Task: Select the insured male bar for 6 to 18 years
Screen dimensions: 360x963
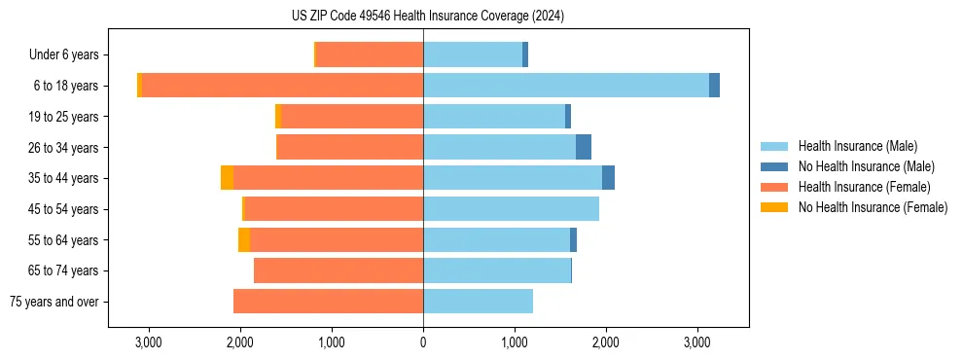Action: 566,86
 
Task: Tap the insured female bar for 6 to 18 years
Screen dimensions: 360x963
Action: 282,86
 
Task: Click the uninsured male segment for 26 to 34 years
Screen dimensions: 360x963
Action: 584,147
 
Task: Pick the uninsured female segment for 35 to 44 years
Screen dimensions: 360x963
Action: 227,178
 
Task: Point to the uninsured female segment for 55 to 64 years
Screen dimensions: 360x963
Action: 244,239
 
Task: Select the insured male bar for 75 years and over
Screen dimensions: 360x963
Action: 478,302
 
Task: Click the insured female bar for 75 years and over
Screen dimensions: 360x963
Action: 328,302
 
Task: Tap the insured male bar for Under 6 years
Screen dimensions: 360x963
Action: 473,54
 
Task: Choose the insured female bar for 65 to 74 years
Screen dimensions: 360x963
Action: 339,270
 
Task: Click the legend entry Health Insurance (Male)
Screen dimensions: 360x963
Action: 857,146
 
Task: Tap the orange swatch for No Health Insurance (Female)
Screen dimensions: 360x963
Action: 776,207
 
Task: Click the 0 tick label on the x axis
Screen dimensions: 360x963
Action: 423,342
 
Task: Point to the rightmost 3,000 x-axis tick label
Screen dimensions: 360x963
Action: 696,342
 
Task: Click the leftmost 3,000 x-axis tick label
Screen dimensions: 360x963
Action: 149,342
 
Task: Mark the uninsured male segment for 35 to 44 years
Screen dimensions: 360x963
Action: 608,178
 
